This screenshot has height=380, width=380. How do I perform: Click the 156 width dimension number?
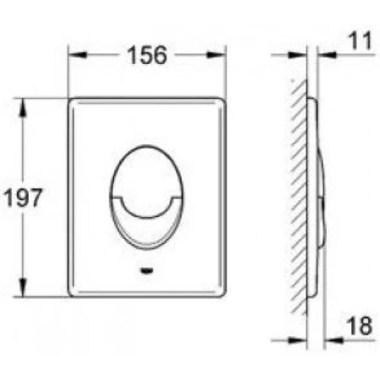[147, 55]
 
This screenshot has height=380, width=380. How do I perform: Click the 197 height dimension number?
[23, 198]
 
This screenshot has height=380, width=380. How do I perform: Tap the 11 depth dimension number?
[361, 41]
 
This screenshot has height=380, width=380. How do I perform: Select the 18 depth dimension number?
[360, 326]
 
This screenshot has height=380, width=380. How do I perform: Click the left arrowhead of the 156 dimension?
[77, 55]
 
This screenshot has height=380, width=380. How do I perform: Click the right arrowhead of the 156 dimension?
[217, 55]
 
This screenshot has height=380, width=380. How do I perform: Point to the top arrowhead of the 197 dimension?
[23, 107]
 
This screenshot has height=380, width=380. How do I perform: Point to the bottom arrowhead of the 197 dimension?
[23, 287]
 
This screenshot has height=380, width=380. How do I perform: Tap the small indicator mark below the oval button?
[147, 271]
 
